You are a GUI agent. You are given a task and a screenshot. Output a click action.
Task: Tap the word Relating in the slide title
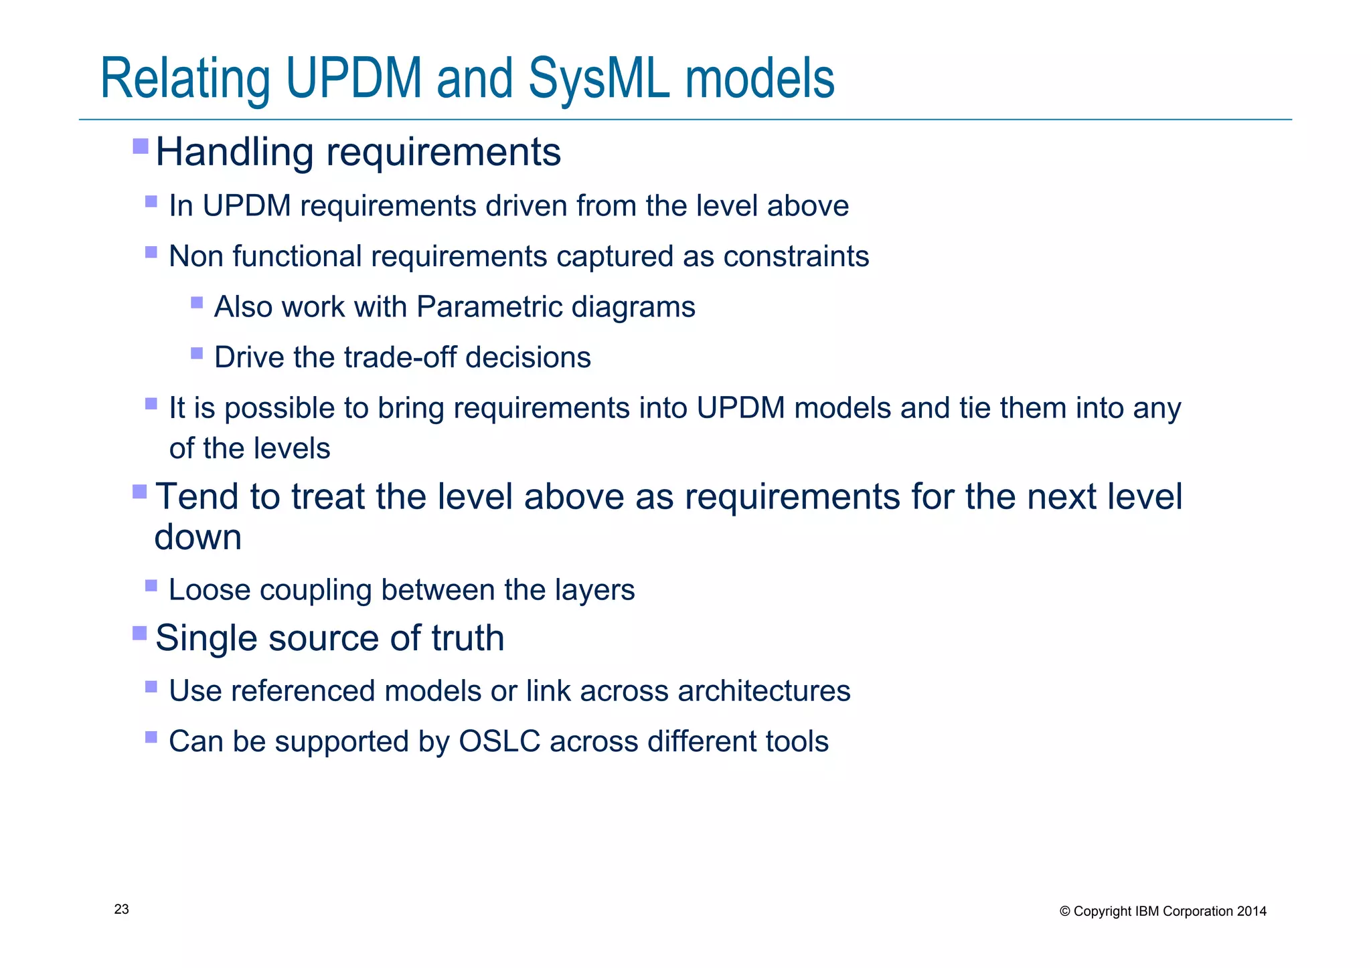tap(185, 79)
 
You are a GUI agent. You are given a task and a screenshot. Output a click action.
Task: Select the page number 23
tap(122, 909)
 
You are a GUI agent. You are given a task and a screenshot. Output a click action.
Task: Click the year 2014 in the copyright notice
tap(1251, 911)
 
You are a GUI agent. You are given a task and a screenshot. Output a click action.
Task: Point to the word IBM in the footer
tap(1148, 911)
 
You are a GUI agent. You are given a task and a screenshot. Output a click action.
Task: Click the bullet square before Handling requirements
tap(141, 146)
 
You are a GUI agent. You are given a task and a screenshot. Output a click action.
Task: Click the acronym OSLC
tap(499, 741)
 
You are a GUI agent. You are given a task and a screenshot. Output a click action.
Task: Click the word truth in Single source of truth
tap(468, 638)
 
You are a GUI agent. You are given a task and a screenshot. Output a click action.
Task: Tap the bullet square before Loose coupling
tap(151, 586)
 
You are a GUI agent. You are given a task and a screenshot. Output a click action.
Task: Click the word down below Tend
tap(197, 537)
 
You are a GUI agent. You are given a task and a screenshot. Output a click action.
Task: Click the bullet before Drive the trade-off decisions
tap(197, 353)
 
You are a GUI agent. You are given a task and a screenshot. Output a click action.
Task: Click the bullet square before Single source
tap(140, 633)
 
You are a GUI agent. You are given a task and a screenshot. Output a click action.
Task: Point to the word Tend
tap(197, 497)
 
